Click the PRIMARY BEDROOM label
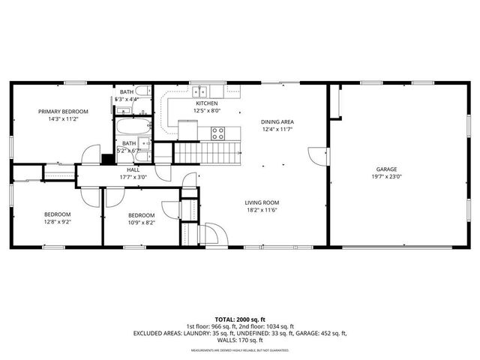64,111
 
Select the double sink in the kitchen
199,92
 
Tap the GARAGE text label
387,169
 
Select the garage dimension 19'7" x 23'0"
387,178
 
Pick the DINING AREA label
277,121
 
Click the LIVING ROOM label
262,202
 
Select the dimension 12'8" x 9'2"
57,223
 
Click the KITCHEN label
207,103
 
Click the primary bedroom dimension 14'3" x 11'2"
64,118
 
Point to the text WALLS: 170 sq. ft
240,340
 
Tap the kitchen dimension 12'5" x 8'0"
207,111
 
